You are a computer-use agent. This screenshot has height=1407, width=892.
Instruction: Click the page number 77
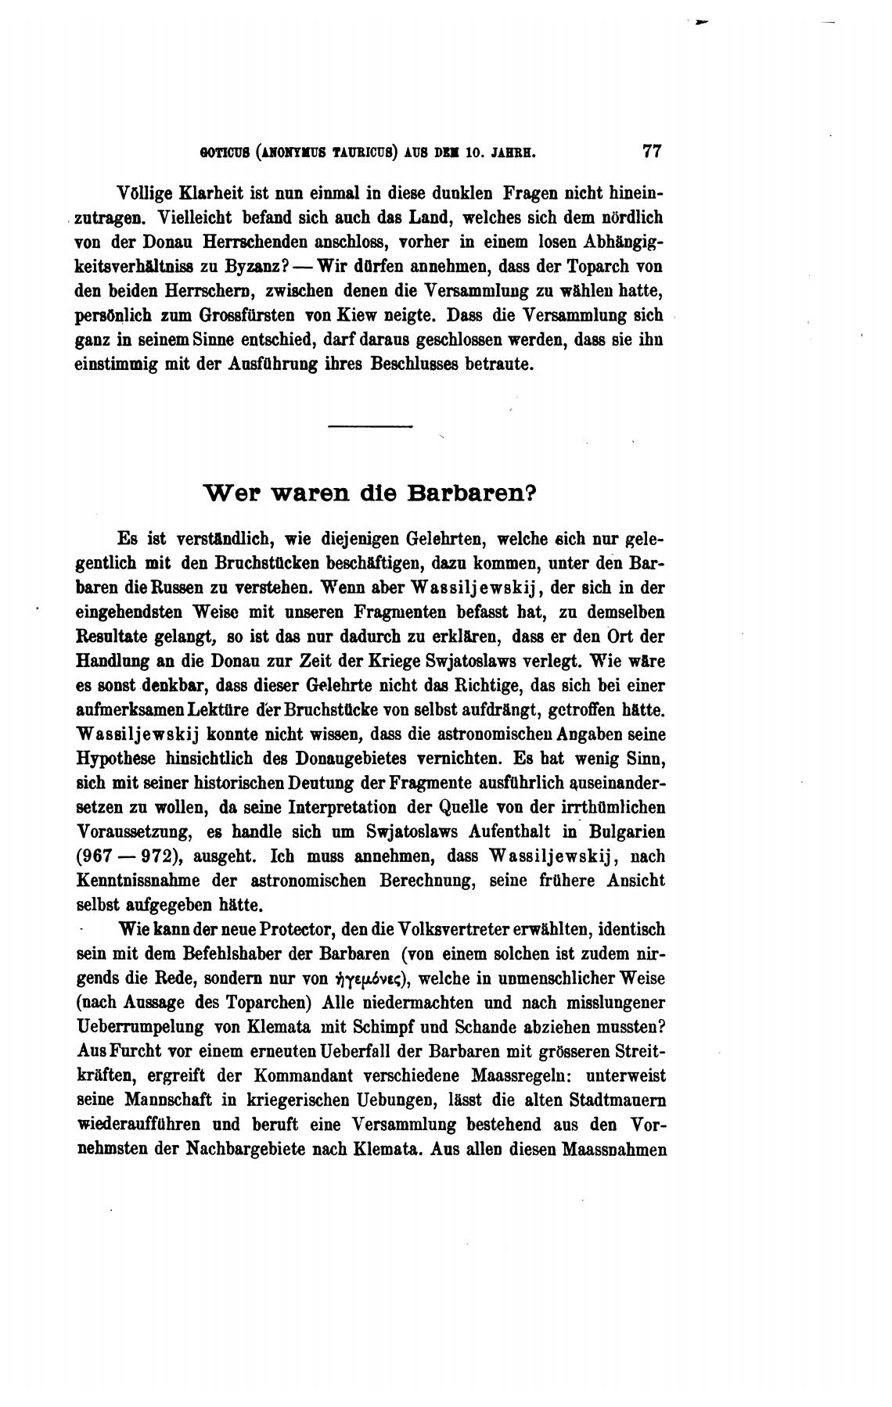[x=652, y=151]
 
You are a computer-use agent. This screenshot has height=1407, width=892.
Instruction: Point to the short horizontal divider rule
[x=370, y=426]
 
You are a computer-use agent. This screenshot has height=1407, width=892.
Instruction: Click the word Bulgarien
[x=625, y=831]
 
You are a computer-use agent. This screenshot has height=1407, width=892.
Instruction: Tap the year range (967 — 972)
[x=131, y=856]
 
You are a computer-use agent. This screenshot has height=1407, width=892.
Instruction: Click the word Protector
[x=272, y=931]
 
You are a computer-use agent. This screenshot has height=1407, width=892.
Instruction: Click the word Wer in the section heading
[x=227, y=494]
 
